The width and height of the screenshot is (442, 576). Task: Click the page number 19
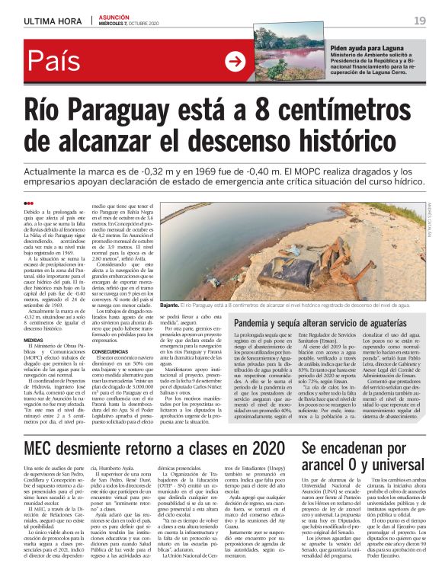point(419,21)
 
